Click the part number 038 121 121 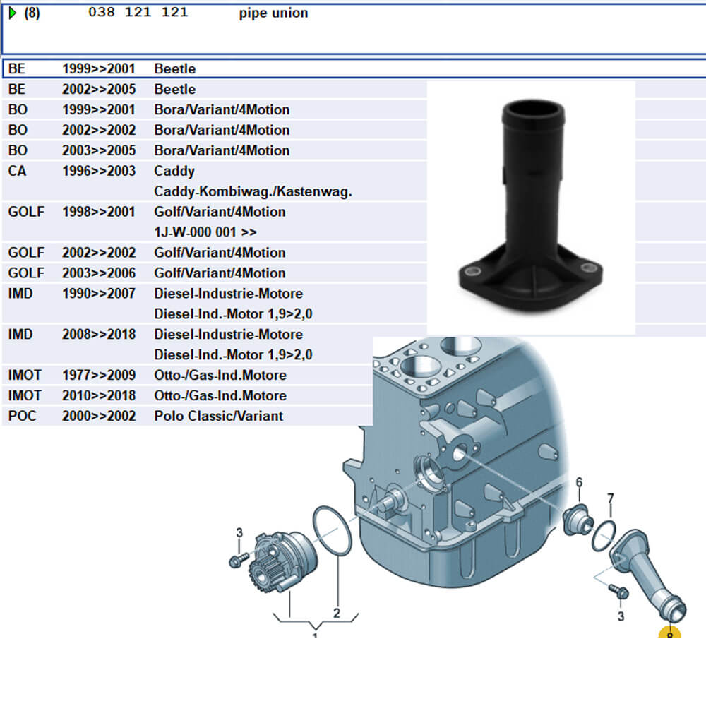(x=138, y=13)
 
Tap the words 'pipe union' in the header (x=273, y=13)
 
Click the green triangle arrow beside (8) (x=12, y=13)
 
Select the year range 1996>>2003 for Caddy (x=98, y=171)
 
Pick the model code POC (x=22, y=416)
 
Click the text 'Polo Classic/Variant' (x=218, y=416)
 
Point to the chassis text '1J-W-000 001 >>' (x=205, y=232)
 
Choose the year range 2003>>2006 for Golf (x=98, y=273)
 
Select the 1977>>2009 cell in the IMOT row (x=98, y=375)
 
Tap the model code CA (x=18, y=171)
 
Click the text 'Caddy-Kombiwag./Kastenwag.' (x=253, y=191)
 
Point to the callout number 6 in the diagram (x=579, y=482)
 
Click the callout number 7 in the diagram (x=611, y=499)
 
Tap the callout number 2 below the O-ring (x=337, y=613)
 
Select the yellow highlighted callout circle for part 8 (x=669, y=633)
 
